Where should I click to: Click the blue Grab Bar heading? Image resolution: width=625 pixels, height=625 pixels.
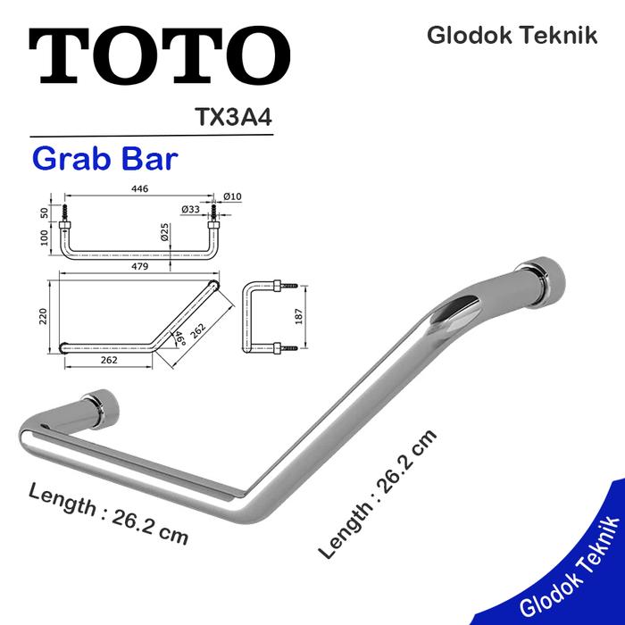coord(104,159)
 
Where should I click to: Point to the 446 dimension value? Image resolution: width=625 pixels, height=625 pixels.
coord(139,189)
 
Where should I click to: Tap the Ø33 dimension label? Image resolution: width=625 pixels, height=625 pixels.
coord(190,209)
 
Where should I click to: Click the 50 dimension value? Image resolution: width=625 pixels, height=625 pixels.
coord(43,213)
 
